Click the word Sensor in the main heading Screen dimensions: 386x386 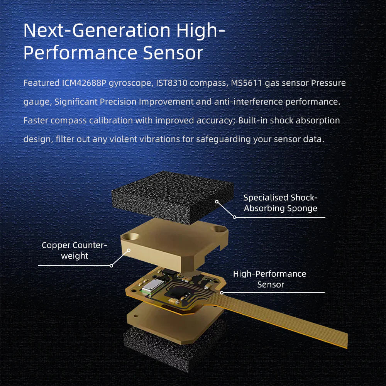tap(173, 52)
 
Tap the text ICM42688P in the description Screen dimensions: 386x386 tap(84, 83)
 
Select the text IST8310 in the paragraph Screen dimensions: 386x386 tap(172, 83)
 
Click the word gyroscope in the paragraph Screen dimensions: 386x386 tap(130, 83)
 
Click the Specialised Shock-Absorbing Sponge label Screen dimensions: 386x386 tap(280, 203)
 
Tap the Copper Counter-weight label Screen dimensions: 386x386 tap(74, 251)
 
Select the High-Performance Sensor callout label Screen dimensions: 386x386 tap(270, 279)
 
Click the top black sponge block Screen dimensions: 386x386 tap(172, 197)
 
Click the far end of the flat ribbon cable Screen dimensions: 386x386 tap(347, 340)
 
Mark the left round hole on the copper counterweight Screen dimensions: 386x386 tap(130, 237)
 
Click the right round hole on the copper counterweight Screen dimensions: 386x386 tap(220, 229)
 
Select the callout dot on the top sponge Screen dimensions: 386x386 tap(217, 201)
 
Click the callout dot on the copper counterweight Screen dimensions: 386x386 tap(129, 251)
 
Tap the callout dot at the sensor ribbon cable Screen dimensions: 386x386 tap(222, 293)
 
